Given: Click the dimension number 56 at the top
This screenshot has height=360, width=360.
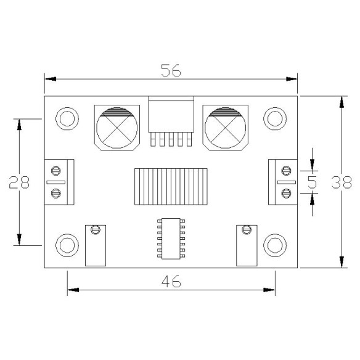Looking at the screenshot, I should (x=171, y=70).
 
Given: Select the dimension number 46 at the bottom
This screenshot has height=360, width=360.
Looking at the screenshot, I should (x=171, y=281).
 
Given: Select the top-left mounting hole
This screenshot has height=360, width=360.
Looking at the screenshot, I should (x=67, y=118).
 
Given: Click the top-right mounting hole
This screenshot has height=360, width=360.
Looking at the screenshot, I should (x=274, y=118).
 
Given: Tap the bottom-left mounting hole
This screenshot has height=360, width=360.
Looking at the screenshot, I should (x=67, y=245).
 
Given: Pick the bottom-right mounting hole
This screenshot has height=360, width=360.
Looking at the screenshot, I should (x=274, y=245).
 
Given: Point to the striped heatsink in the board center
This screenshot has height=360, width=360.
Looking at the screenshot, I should (x=171, y=187).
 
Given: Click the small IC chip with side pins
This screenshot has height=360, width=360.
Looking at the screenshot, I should (x=171, y=237).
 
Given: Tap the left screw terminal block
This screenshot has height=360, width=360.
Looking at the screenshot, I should (x=59, y=182).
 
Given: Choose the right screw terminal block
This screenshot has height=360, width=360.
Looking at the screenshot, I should (x=282, y=182).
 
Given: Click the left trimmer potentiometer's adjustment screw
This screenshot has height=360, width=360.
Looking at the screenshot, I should (x=95, y=230).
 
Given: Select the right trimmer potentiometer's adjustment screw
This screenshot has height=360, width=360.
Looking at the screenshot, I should (x=247, y=230).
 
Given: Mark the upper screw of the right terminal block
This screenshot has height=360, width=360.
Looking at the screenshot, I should (x=285, y=170).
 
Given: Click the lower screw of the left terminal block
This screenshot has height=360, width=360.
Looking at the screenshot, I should (x=56, y=194).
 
